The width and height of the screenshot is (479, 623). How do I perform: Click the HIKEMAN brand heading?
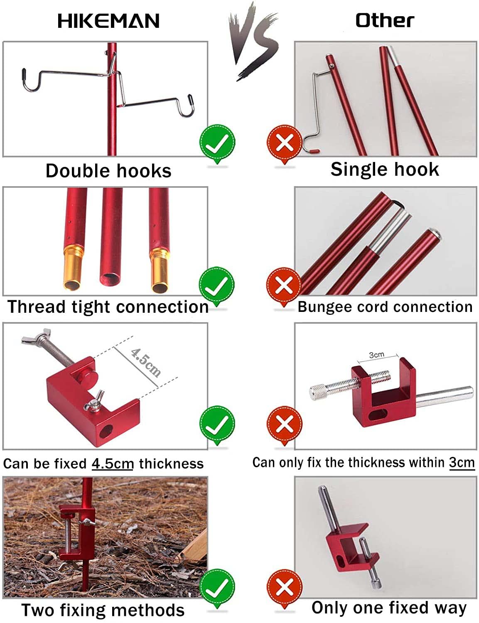(108, 21)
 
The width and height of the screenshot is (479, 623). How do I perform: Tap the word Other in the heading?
(384, 20)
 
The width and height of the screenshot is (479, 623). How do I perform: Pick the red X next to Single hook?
(284, 143)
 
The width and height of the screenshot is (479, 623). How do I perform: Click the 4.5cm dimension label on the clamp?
(145, 362)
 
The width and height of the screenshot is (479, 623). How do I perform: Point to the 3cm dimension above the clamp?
(376, 355)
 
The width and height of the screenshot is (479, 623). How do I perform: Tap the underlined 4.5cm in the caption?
(113, 464)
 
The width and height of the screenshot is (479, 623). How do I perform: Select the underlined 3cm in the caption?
(462, 462)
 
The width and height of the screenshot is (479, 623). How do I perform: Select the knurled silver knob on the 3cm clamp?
(319, 391)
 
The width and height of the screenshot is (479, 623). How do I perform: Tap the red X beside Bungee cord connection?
(284, 286)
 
